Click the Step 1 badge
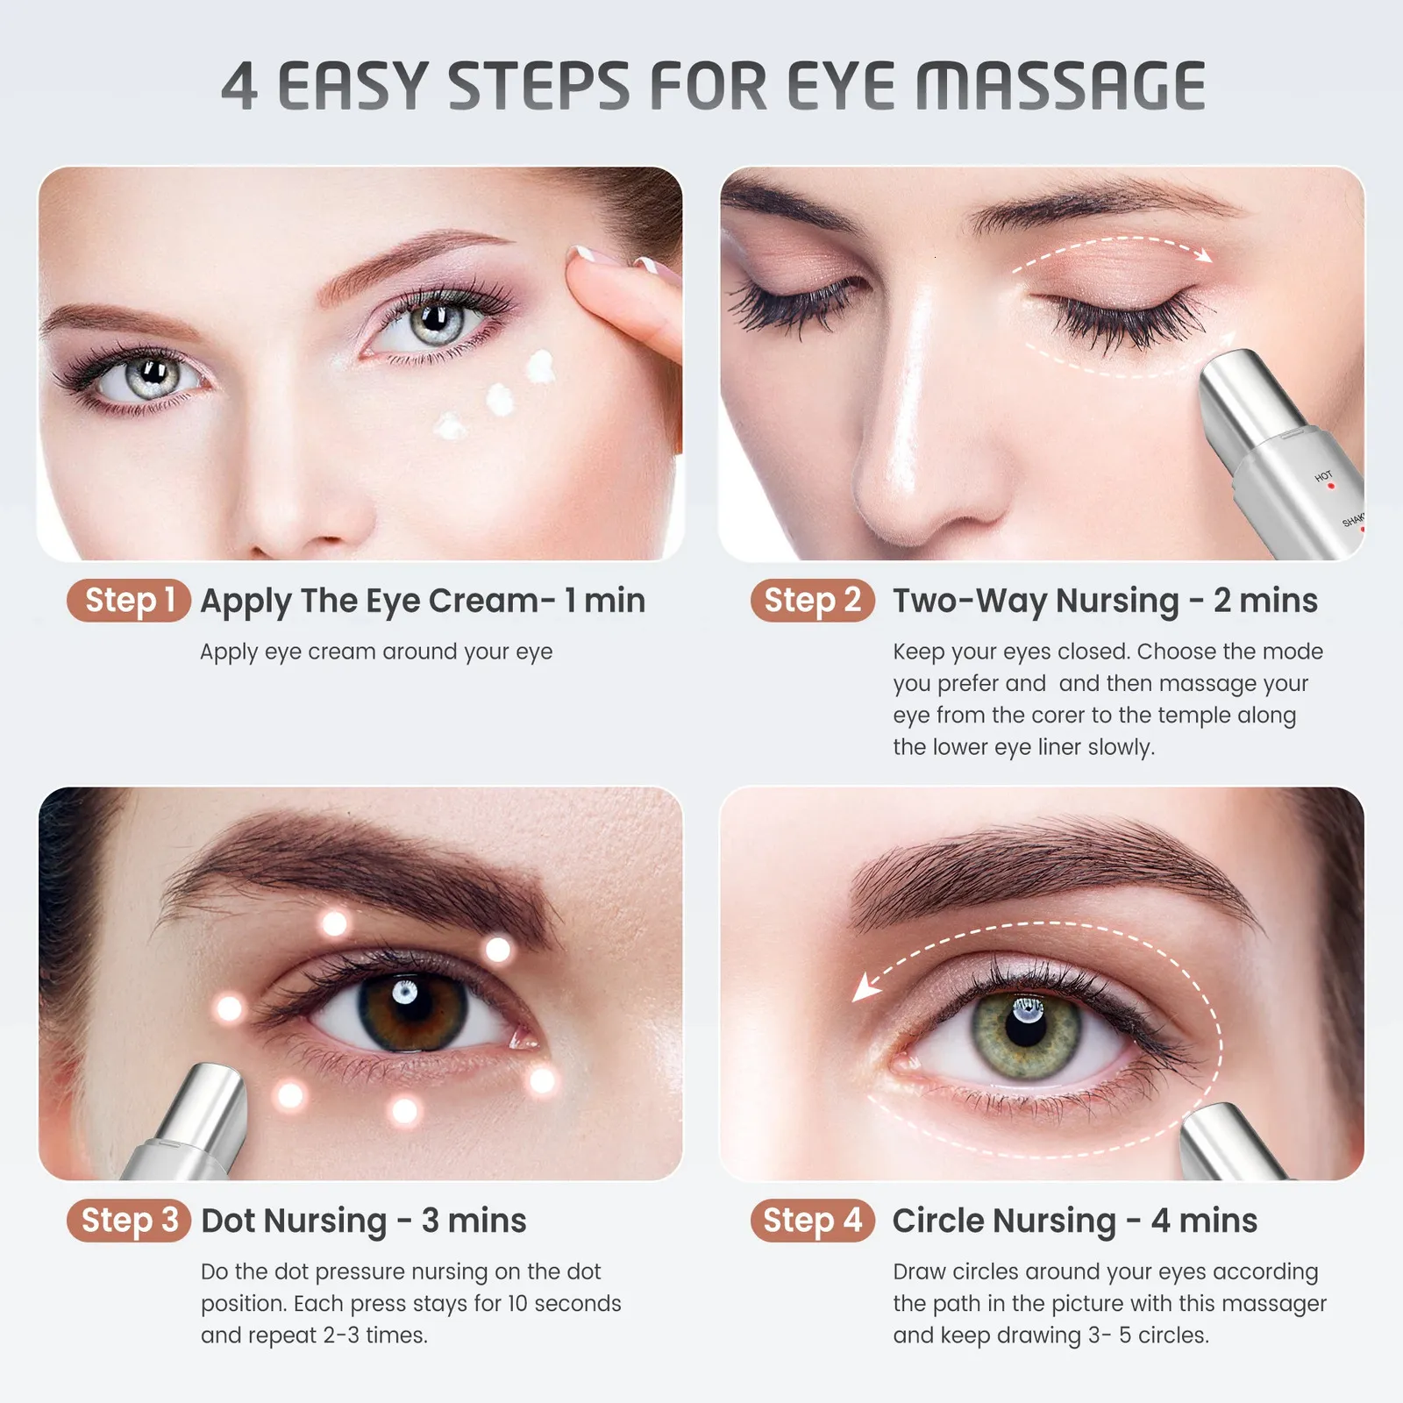click(x=129, y=602)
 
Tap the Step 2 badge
click(x=812, y=602)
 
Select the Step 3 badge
click(x=129, y=1221)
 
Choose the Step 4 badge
click(x=812, y=1221)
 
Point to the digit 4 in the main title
click(x=239, y=87)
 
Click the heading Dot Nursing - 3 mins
click(x=363, y=1221)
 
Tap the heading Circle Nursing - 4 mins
click(x=1074, y=1221)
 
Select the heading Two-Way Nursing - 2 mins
click(x=1104, y=602)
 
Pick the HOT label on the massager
click(x=1323, y=476)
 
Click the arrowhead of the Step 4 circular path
click(x=865, y=989)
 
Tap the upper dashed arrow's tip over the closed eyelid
click(x=1206, y=256)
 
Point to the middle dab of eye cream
click(x=500, y=399)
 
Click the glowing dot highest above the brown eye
click(x=334, y=922)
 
